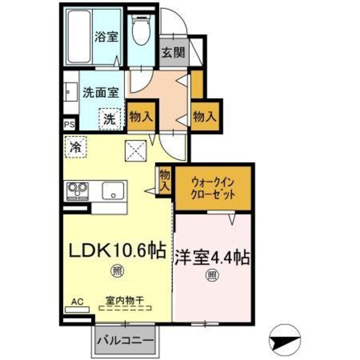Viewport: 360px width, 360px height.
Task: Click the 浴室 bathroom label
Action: click(x=106, y=37)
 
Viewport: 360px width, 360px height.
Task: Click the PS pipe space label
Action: click(x=69, y=125)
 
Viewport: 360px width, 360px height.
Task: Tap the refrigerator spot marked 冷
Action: click(x=75, y=147)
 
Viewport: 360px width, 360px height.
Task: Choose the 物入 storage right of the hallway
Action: click(x=206, y=116)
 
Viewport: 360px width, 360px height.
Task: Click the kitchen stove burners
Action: click(x=77, y=190)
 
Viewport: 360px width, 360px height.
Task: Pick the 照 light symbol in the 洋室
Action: click(x=212, y=274)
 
